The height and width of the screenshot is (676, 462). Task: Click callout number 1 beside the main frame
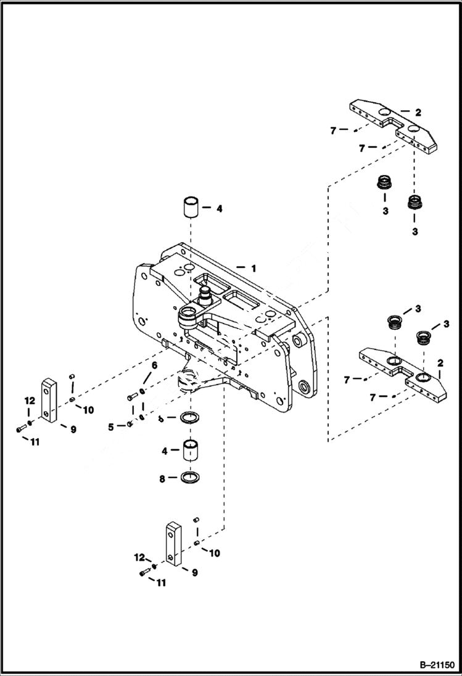pyautogui.click(x=252, y=269)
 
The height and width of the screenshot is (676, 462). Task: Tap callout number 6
pyautogui.click(x=154, y=365)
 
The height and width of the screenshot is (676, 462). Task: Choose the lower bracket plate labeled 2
pyautogui.click(x=401, y=373)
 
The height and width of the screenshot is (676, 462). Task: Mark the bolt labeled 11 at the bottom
pyautogui.click(x=145, y=573)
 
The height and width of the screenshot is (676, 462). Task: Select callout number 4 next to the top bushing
pyautogui.click(x=218, y=209)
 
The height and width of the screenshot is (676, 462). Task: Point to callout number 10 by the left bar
pyautogui.click(x=88, y=410)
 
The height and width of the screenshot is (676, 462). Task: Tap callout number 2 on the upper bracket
pyautogui.click(x=418, y=113)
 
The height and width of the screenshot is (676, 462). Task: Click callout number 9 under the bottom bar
pyautogui.click(x=194, y=572)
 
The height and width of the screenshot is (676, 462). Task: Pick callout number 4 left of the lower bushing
pyautogui.click(x=164, y=451)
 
